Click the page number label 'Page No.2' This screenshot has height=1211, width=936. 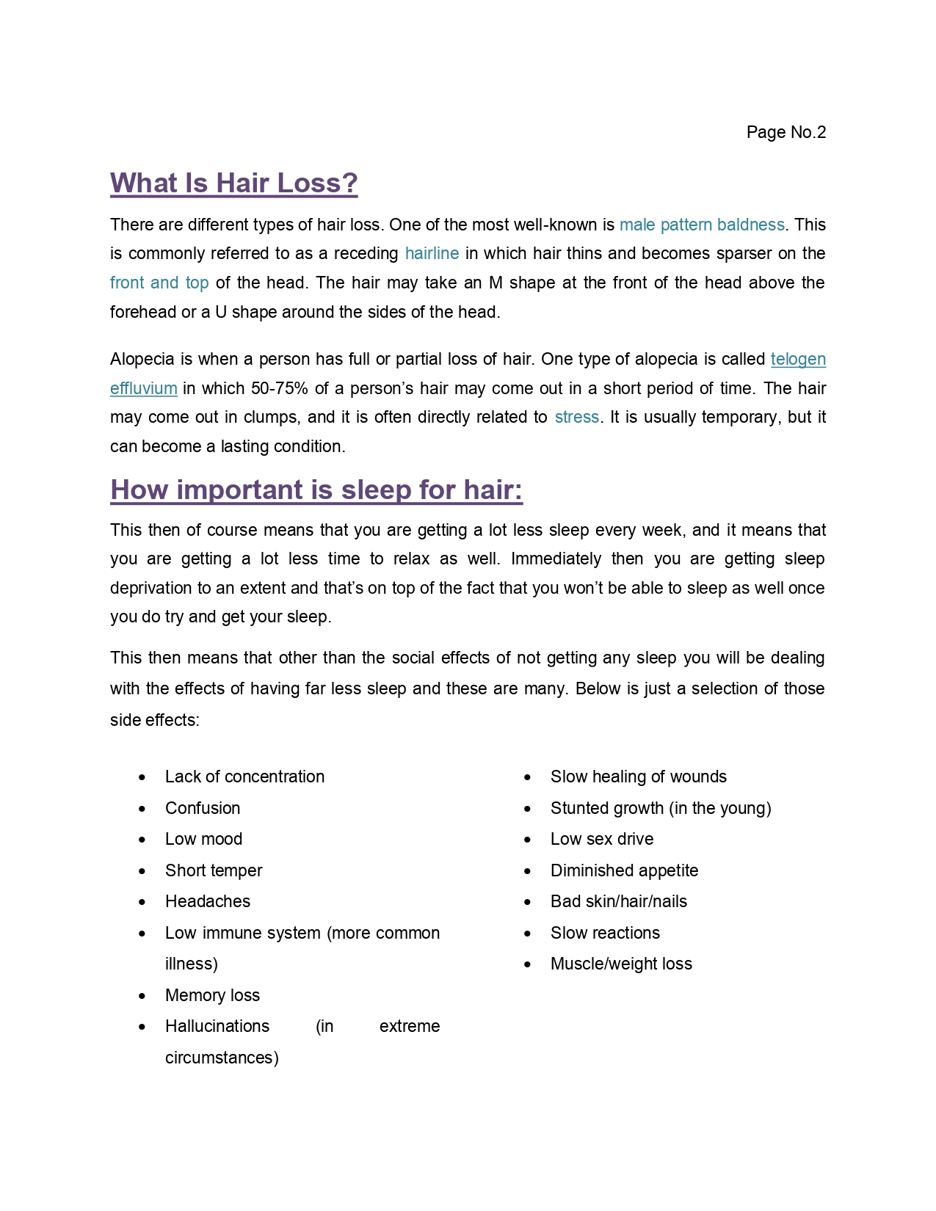click(786, 132)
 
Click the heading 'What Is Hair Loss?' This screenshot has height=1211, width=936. click(233, 183)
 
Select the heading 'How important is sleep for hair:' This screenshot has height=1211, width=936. click(316, 490)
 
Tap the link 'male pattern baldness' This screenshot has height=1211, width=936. click(702, 225)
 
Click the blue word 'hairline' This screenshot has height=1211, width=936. click(432, 254)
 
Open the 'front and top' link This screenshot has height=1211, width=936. click(159, 283)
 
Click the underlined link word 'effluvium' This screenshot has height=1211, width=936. click(144, 389)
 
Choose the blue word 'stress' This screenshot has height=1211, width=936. click(576, 418)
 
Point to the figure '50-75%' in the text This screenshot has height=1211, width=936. click(279, 389)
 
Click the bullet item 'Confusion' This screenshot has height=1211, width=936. click(203, 809)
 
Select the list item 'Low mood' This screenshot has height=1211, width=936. click(203, 840)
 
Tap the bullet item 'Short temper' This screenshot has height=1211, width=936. click(214, 871)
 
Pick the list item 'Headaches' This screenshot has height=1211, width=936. click(208, 902)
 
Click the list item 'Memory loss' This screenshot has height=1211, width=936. click(212, 996)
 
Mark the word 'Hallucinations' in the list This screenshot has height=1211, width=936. click(217, 1027)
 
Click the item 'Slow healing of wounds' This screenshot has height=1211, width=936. click(639, 777)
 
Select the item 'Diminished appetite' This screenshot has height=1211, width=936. click(624, 871)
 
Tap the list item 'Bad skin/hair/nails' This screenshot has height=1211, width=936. click(619, 902)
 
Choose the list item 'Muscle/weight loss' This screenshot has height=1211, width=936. click(621, 964)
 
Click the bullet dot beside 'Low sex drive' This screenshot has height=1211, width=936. click(527, 840)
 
